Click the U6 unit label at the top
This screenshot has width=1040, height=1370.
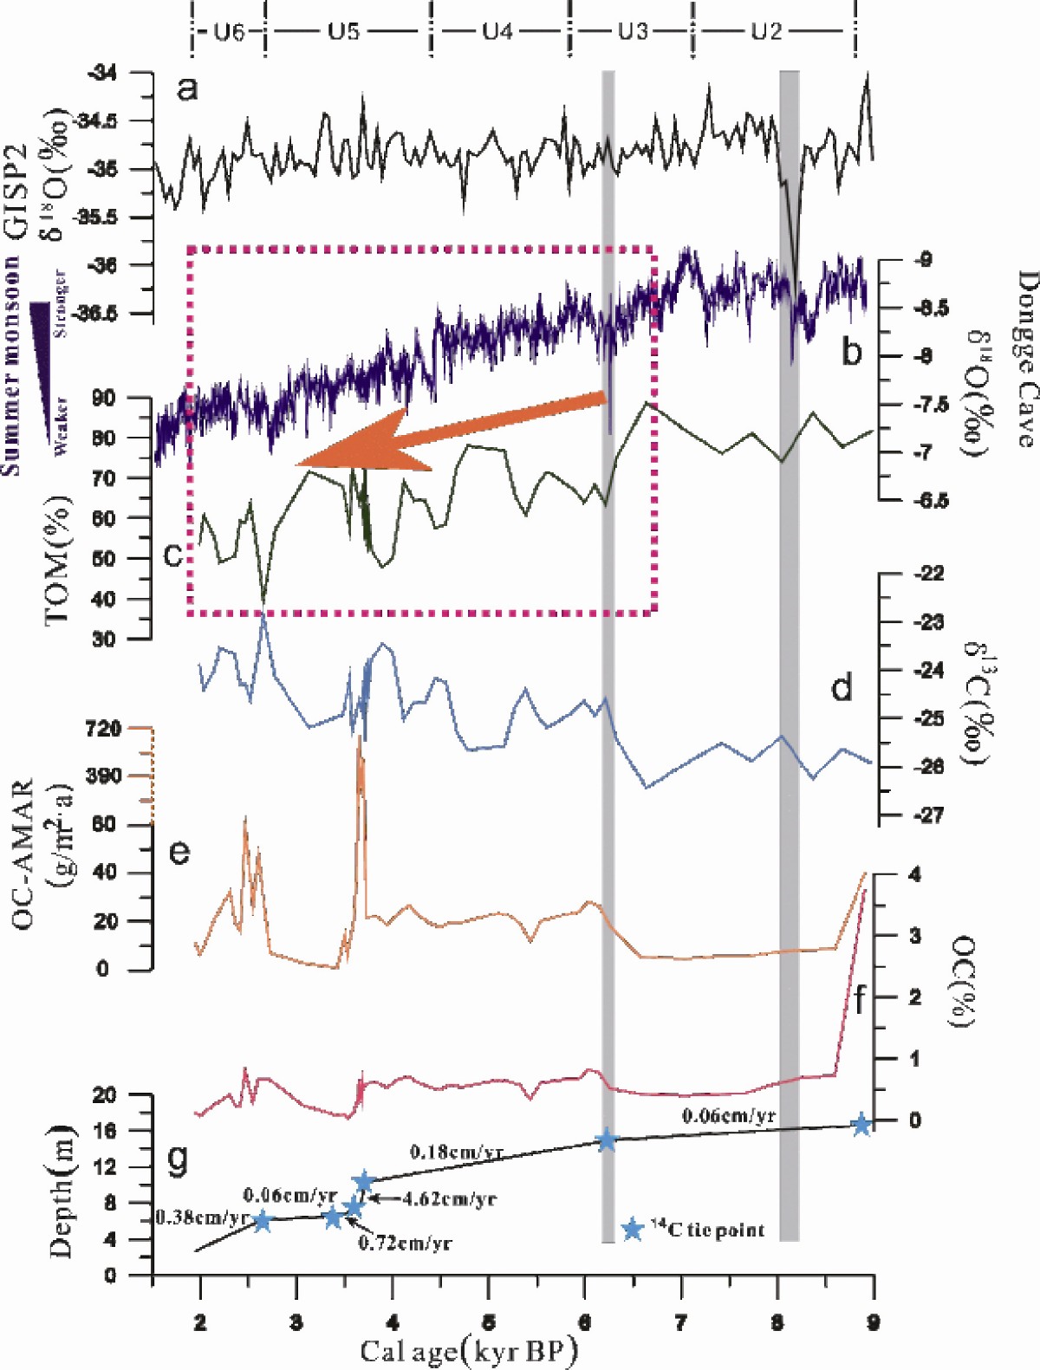point(229,32)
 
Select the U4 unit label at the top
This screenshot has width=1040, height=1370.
point(497,32)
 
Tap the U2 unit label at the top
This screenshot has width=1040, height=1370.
point(766,32)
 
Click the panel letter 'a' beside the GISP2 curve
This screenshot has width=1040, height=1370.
point(186,88)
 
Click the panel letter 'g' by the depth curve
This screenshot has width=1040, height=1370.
point(177,1159)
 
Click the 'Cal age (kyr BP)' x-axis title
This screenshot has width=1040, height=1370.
point(468,1349)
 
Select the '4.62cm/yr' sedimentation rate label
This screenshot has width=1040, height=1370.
point(449,1199)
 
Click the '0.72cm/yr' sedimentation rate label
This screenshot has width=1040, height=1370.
point(405,1243)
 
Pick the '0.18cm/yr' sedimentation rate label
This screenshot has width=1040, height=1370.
point(457,1152)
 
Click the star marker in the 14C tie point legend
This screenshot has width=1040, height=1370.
point(633,1229)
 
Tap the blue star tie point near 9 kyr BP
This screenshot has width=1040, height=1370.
point(861,1124)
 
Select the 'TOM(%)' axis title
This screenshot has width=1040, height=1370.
point(57,559)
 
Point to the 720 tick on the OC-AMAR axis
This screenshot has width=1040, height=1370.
point(104,728)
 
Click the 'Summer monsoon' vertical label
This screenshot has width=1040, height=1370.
point(11,364)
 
